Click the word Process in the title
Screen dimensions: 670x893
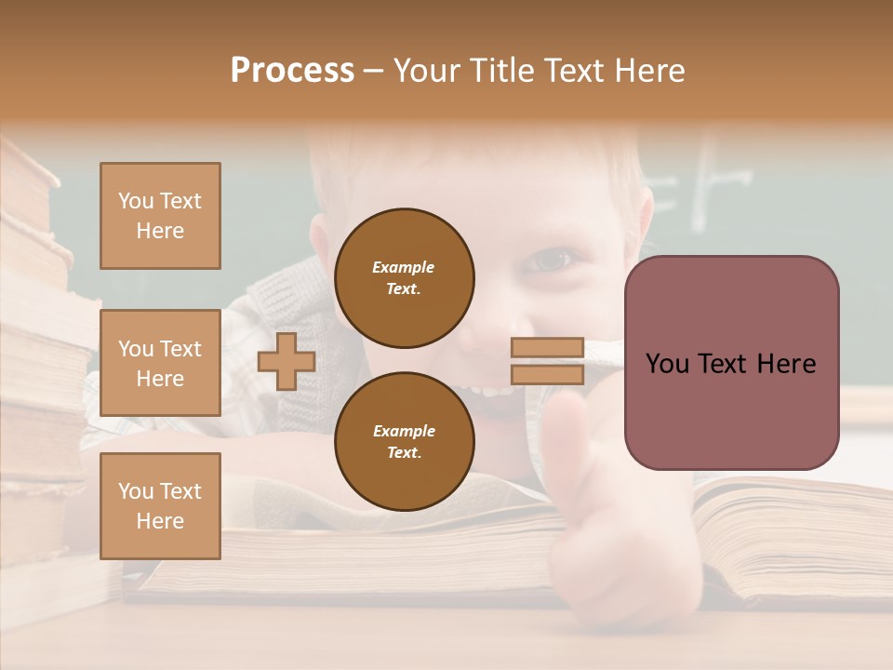tap(292, 71)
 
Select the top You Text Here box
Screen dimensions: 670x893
tap(160, 216)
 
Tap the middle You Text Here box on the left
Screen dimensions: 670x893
tap(160, 363)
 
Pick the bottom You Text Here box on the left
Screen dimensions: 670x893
tap(160, 505)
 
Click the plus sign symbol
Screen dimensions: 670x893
tap(286, 361)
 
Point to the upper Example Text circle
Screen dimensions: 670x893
tap(404, 277)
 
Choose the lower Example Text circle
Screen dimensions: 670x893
tap(404, 441)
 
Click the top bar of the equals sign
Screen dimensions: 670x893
tap(547, 347)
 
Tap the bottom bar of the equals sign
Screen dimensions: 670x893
tap(547, 375)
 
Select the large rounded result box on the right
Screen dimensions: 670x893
tap(731, 363)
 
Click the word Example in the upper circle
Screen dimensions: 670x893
tap(404, 267)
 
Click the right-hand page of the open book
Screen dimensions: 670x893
tap(781, 530)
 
